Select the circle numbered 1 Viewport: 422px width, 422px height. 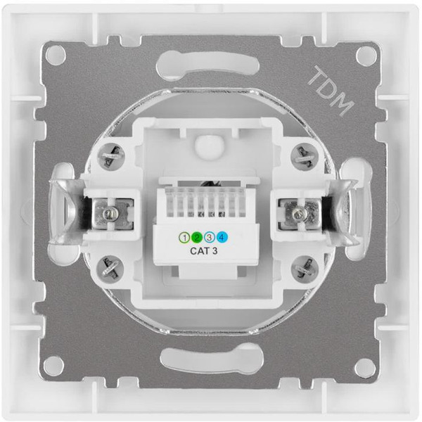(x=186, y=236)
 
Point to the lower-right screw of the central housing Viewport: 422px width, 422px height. (x=306, y=267)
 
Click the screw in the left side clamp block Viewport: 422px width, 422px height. (x=110, y=211)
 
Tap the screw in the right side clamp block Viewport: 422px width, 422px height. (x=302, y=211)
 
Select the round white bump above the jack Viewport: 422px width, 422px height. (x=206, y=146)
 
